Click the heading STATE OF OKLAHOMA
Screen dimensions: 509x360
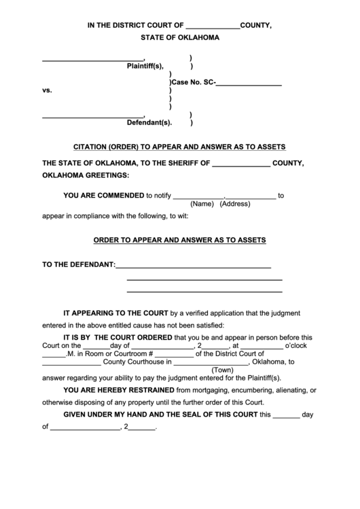point(180,38)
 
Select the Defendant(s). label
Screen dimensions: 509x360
point(149,123)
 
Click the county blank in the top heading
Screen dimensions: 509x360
point(213,27)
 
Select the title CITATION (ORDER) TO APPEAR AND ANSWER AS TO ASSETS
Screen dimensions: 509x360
point(179,146)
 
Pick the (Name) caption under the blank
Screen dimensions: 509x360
point(202,204)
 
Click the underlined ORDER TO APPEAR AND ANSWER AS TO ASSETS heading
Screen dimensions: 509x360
point(179,240)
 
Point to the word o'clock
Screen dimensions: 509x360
point(298,345)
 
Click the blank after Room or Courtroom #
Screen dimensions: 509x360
point(174,353)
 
